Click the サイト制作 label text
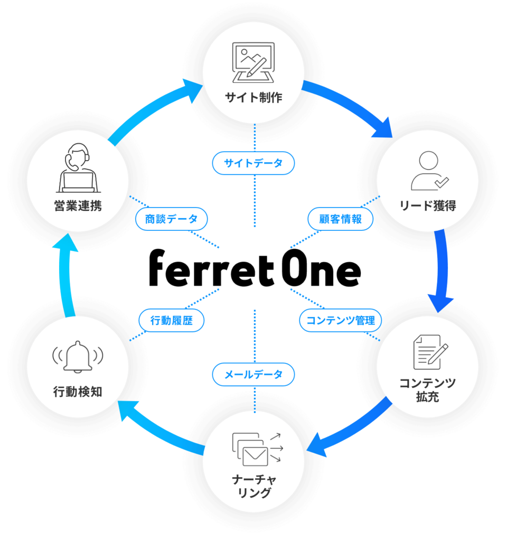coord(253,97)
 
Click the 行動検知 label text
coord(78,391)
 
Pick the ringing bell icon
coord(78,357)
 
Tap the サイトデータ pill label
coord(253,163)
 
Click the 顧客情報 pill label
coord(341,219)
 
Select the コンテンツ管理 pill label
coord(341,320)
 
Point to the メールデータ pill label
coord(253,375)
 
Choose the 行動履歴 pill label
coord(171,320)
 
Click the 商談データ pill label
coord(171,219)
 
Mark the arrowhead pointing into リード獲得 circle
coord(384,128)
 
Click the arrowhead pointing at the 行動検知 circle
coord(125,411)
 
